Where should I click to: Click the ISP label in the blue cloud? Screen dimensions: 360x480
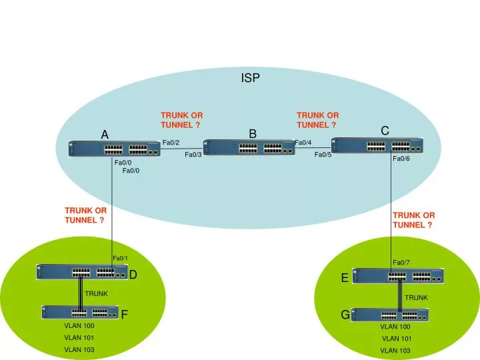(250, 78)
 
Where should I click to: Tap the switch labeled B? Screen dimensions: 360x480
(249, 148)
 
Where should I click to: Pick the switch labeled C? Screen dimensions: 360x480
(377, 145)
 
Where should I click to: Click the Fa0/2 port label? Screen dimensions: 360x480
(171, 142)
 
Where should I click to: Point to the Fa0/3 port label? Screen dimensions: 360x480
(193, 155)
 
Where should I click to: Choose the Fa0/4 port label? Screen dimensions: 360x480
(303, 143)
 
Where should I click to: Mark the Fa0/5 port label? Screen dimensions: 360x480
(323, 155)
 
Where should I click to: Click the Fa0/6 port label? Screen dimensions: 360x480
(401, 159)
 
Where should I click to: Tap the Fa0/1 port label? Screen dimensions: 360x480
(120, 259)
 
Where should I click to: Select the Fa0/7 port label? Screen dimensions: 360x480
(401, 263)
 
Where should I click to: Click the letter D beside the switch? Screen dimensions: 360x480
(133, 275)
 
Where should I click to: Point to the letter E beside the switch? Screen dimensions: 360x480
(345, 278)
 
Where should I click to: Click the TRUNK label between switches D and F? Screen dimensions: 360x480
(96, 293)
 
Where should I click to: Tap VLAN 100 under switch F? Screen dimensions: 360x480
(79, 326)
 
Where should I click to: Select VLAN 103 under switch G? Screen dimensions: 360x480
(396, 350)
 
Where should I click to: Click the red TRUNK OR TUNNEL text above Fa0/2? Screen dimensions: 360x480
(181, 120)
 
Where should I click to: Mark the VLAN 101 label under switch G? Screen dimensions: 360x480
(396, 339)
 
